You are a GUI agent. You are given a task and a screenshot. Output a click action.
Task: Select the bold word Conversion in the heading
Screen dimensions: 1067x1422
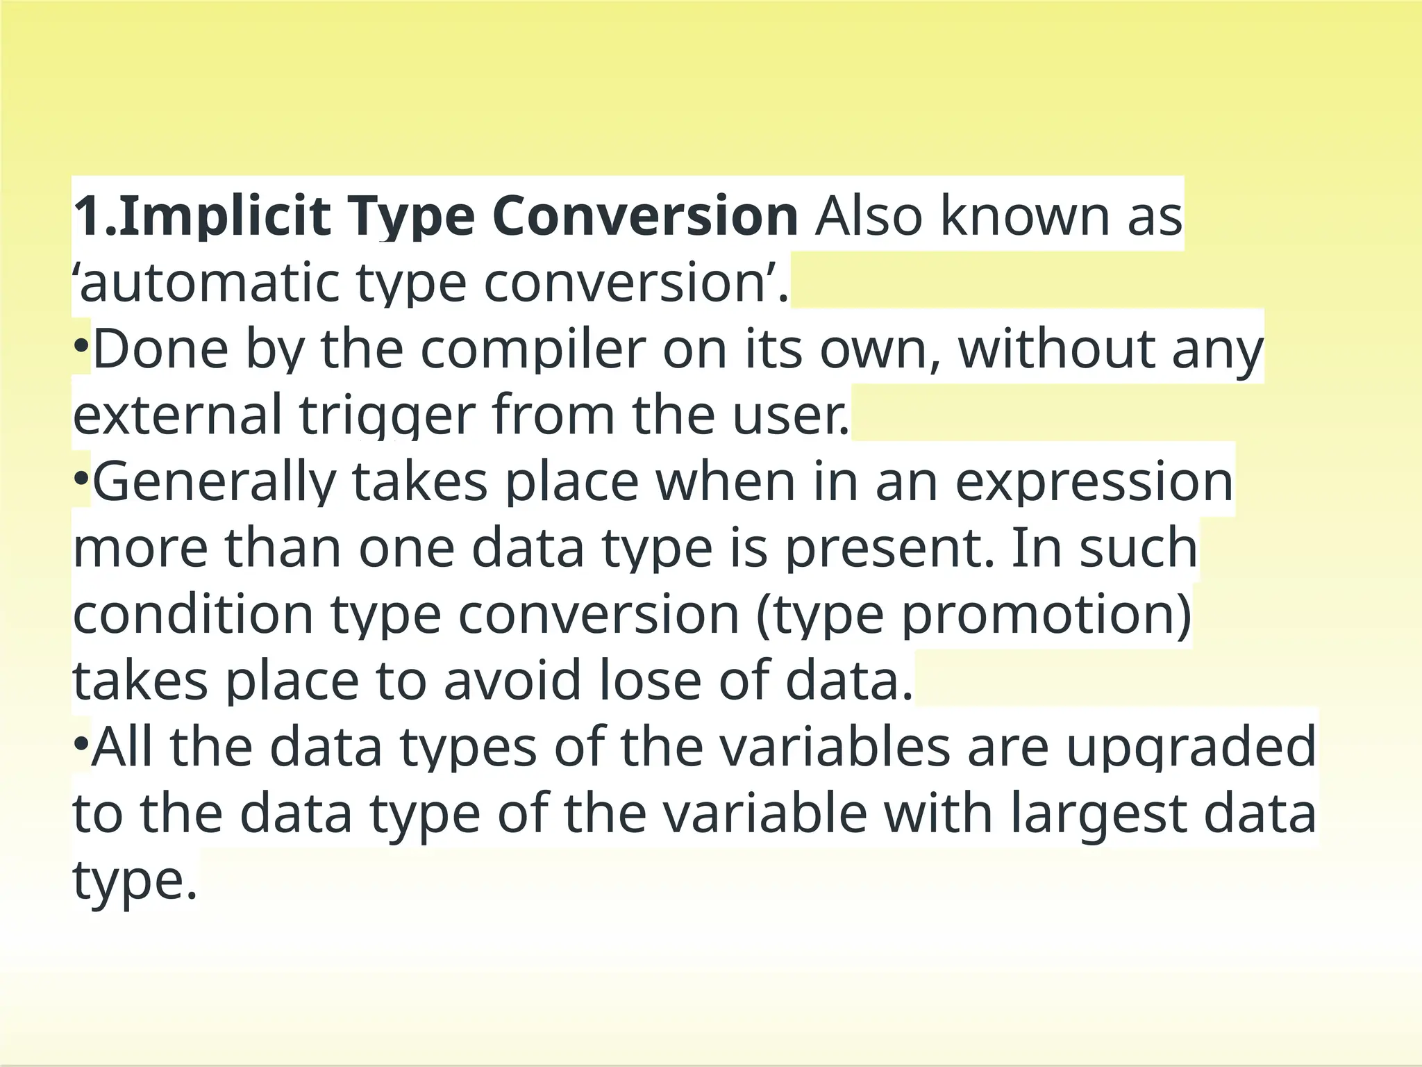click(645, 217)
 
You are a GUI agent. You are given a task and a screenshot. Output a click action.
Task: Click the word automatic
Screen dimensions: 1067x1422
click(208, 283)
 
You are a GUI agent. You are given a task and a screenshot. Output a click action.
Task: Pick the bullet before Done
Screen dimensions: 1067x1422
click(81, 345)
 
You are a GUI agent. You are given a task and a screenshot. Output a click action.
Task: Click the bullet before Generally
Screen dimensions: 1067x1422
click(81, 478)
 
